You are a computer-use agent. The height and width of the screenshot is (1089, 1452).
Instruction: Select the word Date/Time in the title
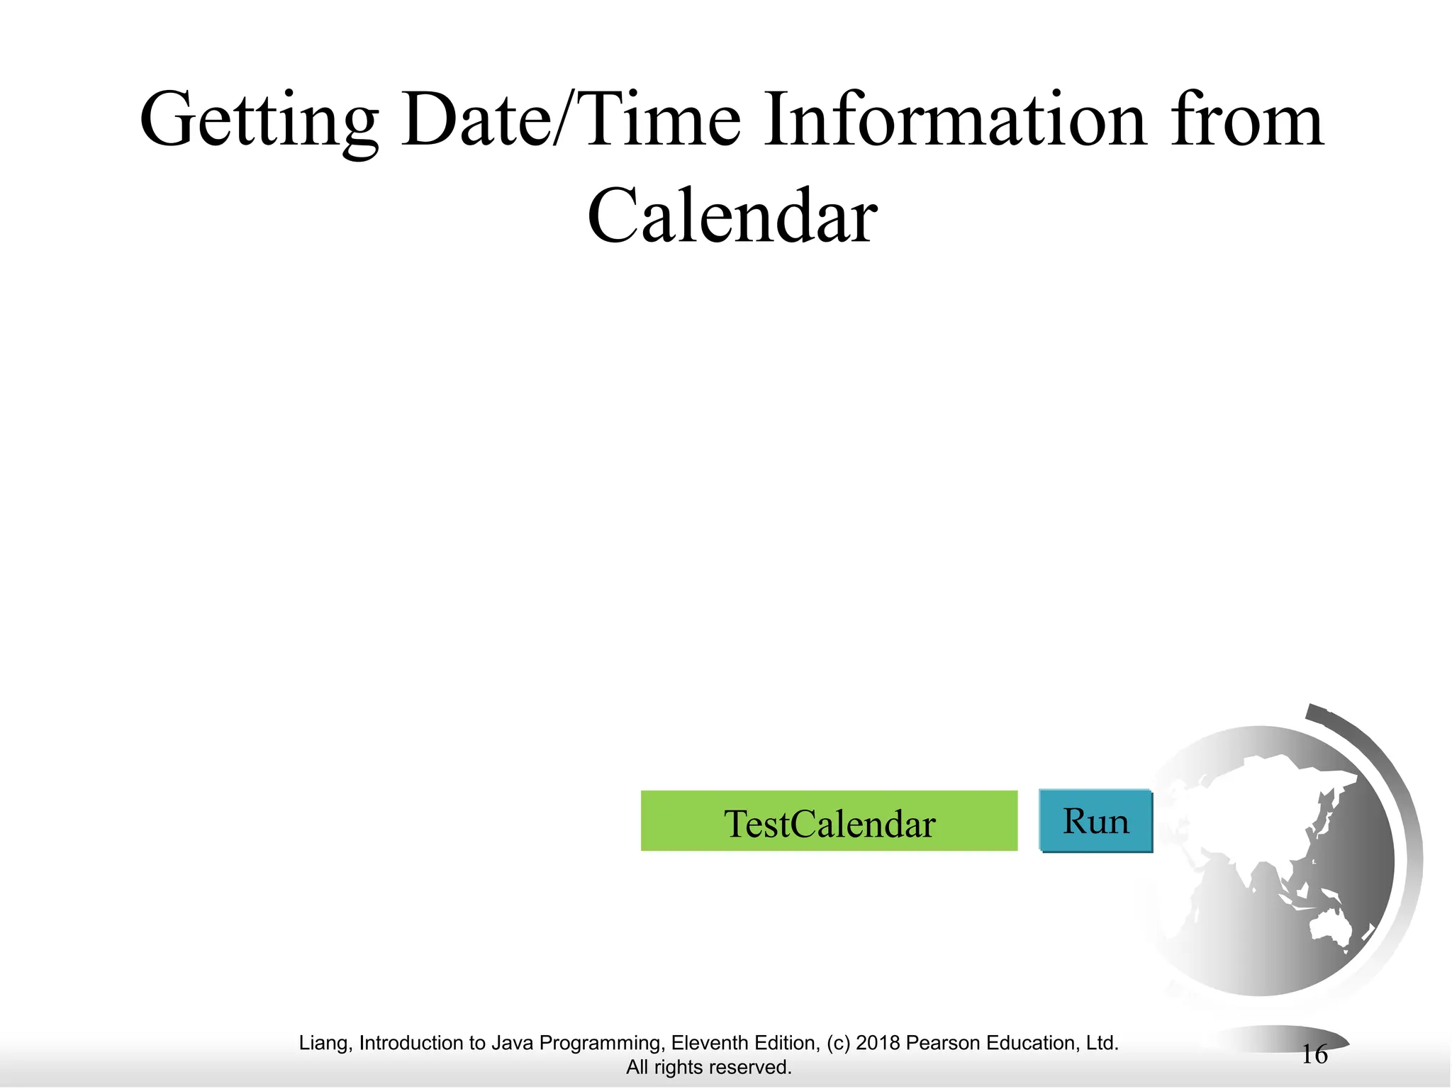(571, 121)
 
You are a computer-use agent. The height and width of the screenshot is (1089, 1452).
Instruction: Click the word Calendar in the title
(732, 217)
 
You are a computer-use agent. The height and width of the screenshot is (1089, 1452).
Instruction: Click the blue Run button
(1096, 821)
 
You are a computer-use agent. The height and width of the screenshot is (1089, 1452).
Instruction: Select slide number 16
(1314, 1055)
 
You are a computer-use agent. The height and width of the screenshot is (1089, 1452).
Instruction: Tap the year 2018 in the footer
(878, 1043)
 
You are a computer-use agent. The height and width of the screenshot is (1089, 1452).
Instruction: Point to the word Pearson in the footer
(940, 1043)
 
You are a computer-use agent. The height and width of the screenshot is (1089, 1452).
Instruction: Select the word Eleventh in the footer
(704, 1043)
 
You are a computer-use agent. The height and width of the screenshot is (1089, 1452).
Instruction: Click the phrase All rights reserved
(708, 1067)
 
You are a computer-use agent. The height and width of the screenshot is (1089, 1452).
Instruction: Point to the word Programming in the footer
(602, 1043)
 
